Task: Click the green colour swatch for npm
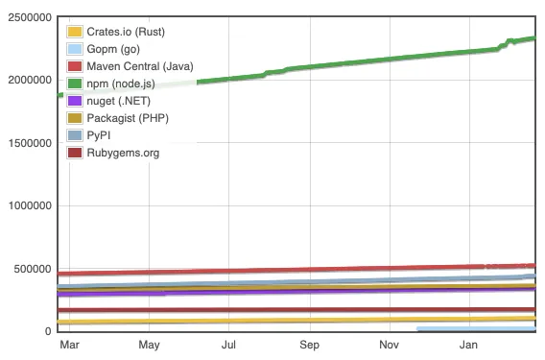[76, 84]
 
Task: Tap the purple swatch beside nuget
[76, 101]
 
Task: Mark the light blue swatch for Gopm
[76, 49]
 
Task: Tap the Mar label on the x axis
[69, 345]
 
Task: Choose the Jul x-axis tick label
[229, 345]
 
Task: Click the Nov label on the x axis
[389, 345]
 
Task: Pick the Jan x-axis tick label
[469, 345]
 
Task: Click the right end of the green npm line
[533, 38]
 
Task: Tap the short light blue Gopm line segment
[475, 328]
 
